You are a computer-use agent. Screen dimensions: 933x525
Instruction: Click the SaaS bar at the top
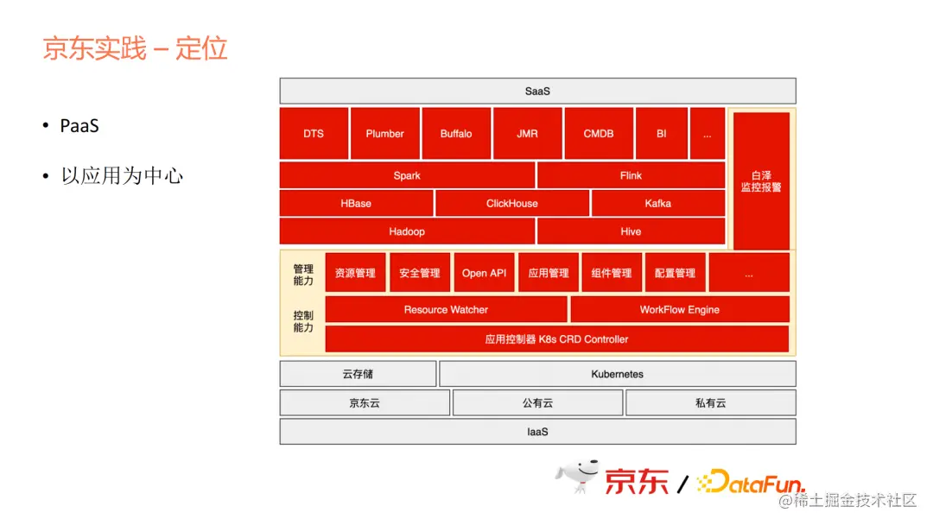click(x=537, y=91)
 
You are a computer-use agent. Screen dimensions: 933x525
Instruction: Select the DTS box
click(x=314, y=134)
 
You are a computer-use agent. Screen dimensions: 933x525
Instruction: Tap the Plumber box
click(x=384, y=134)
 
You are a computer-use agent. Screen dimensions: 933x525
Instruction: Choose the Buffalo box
click(x=456, y=134)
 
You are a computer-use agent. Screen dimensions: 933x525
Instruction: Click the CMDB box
click(x=599, y=134)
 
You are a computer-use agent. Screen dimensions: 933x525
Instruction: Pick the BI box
click(x=661, y=134)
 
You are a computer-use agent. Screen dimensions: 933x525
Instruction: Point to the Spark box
click(x=407, y=175)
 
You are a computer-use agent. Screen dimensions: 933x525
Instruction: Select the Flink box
click(x=631, y=175)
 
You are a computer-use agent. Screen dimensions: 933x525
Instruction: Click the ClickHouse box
click(x=511, y=204)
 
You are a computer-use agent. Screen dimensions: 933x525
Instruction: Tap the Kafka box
click(x=657, y=204)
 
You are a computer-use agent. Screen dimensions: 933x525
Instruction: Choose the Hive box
click(x=631, y=231)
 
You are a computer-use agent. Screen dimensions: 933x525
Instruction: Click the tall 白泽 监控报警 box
click(x=761, y=180)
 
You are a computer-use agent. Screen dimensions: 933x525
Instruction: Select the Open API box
click(x=484, y=273)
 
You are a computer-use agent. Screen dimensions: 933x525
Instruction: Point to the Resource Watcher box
click(x=446, y=309)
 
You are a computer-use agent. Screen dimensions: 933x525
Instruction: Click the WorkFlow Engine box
click(x=679, y=309)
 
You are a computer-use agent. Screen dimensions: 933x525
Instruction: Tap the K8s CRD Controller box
click(x=556, y=339)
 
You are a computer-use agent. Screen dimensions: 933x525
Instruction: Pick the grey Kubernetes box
click(x=617, y=374)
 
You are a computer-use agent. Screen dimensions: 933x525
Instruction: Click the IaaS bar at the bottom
click(x=537, y=432)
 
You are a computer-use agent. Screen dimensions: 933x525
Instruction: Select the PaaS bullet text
click(x=79, y=126)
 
